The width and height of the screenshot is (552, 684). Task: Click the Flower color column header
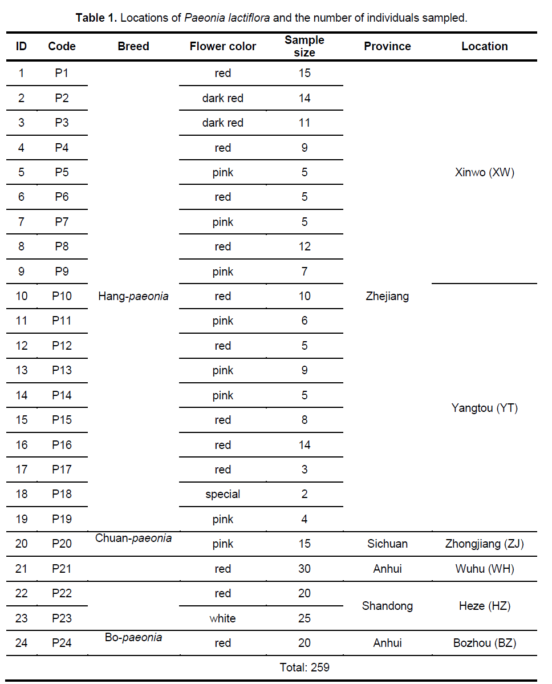222,46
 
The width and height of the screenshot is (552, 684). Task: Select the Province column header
387,46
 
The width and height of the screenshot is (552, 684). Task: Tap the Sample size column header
305,46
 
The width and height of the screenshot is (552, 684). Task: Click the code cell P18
62,494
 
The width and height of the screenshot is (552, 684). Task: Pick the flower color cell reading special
222,494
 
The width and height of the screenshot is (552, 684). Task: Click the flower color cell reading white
222,618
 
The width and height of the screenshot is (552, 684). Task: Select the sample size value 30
305,569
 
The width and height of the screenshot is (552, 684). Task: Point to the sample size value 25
305,618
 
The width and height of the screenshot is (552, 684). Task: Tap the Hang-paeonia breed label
133,296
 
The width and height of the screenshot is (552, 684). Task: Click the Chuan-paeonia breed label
133,538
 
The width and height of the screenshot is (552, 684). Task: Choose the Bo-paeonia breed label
133,637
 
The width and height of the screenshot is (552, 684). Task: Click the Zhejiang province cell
387,296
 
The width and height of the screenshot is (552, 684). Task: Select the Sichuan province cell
387,544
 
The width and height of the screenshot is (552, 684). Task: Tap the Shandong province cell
387,606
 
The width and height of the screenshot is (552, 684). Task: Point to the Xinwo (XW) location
484,172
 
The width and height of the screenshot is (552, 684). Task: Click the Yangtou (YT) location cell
484,408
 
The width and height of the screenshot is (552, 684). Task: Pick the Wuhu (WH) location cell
484,569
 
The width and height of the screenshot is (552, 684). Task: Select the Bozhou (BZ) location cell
484,643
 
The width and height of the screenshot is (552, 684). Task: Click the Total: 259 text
305,667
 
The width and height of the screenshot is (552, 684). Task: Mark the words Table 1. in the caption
96,18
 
